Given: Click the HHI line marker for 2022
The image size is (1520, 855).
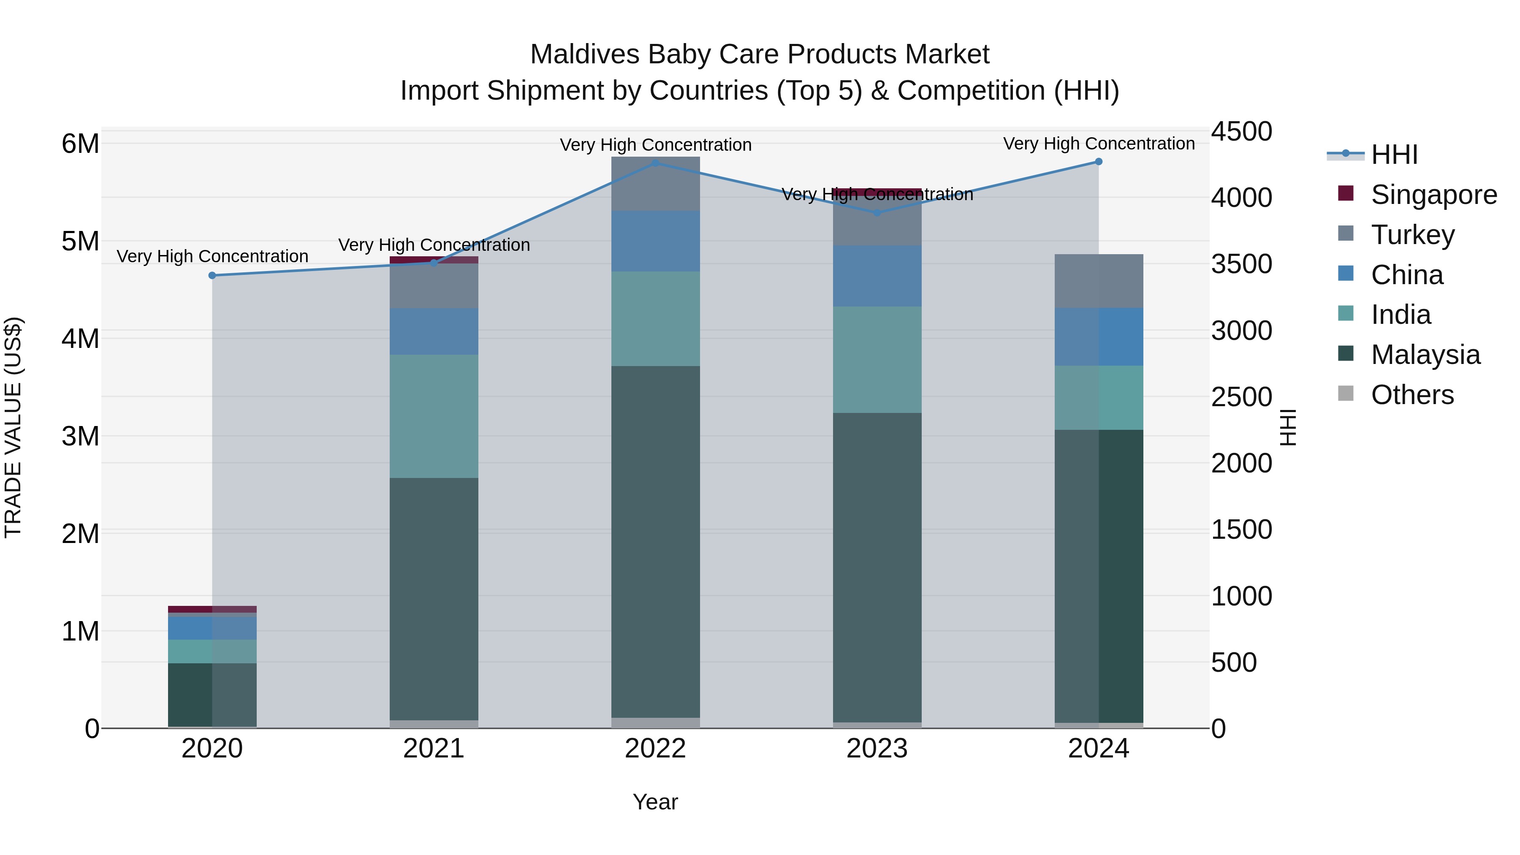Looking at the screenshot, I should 655,163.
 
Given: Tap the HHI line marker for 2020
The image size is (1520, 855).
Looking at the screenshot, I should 212,276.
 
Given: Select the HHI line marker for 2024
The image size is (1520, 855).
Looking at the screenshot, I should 1098,162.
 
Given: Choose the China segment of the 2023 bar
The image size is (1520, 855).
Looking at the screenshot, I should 877,276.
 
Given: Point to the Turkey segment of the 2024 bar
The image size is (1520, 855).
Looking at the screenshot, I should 1098,281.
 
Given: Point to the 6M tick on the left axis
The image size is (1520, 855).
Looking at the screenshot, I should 80,144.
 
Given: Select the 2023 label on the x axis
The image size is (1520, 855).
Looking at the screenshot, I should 877,749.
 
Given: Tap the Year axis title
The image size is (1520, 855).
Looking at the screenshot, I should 655,802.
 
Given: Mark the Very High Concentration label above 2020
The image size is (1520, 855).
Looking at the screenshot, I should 212,257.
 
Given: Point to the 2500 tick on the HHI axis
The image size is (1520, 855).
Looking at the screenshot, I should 1241,396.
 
